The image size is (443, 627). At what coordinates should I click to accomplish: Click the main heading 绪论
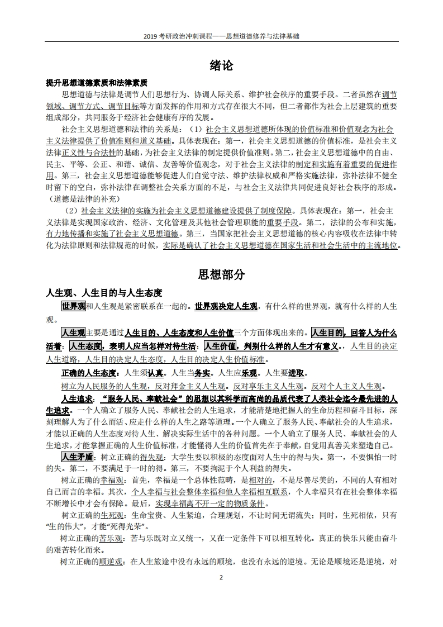(221, 65)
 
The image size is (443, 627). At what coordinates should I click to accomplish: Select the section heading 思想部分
(221, 274)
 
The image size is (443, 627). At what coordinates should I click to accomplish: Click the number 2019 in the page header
(151, 35)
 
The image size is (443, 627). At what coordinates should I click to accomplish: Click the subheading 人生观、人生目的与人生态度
(103, 293)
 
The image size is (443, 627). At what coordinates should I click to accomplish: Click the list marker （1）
(194, 129)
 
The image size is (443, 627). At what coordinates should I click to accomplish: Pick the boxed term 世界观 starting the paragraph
(73, 307)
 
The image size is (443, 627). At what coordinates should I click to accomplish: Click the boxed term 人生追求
(77, 399)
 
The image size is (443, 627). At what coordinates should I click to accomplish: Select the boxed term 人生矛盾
(77, 457)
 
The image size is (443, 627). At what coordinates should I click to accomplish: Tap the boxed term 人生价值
(221, 346)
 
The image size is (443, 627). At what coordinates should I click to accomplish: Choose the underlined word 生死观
(112, 515)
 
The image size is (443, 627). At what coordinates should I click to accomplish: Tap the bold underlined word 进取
(297, 373)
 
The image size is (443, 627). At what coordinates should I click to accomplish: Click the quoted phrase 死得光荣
(132, 526)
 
